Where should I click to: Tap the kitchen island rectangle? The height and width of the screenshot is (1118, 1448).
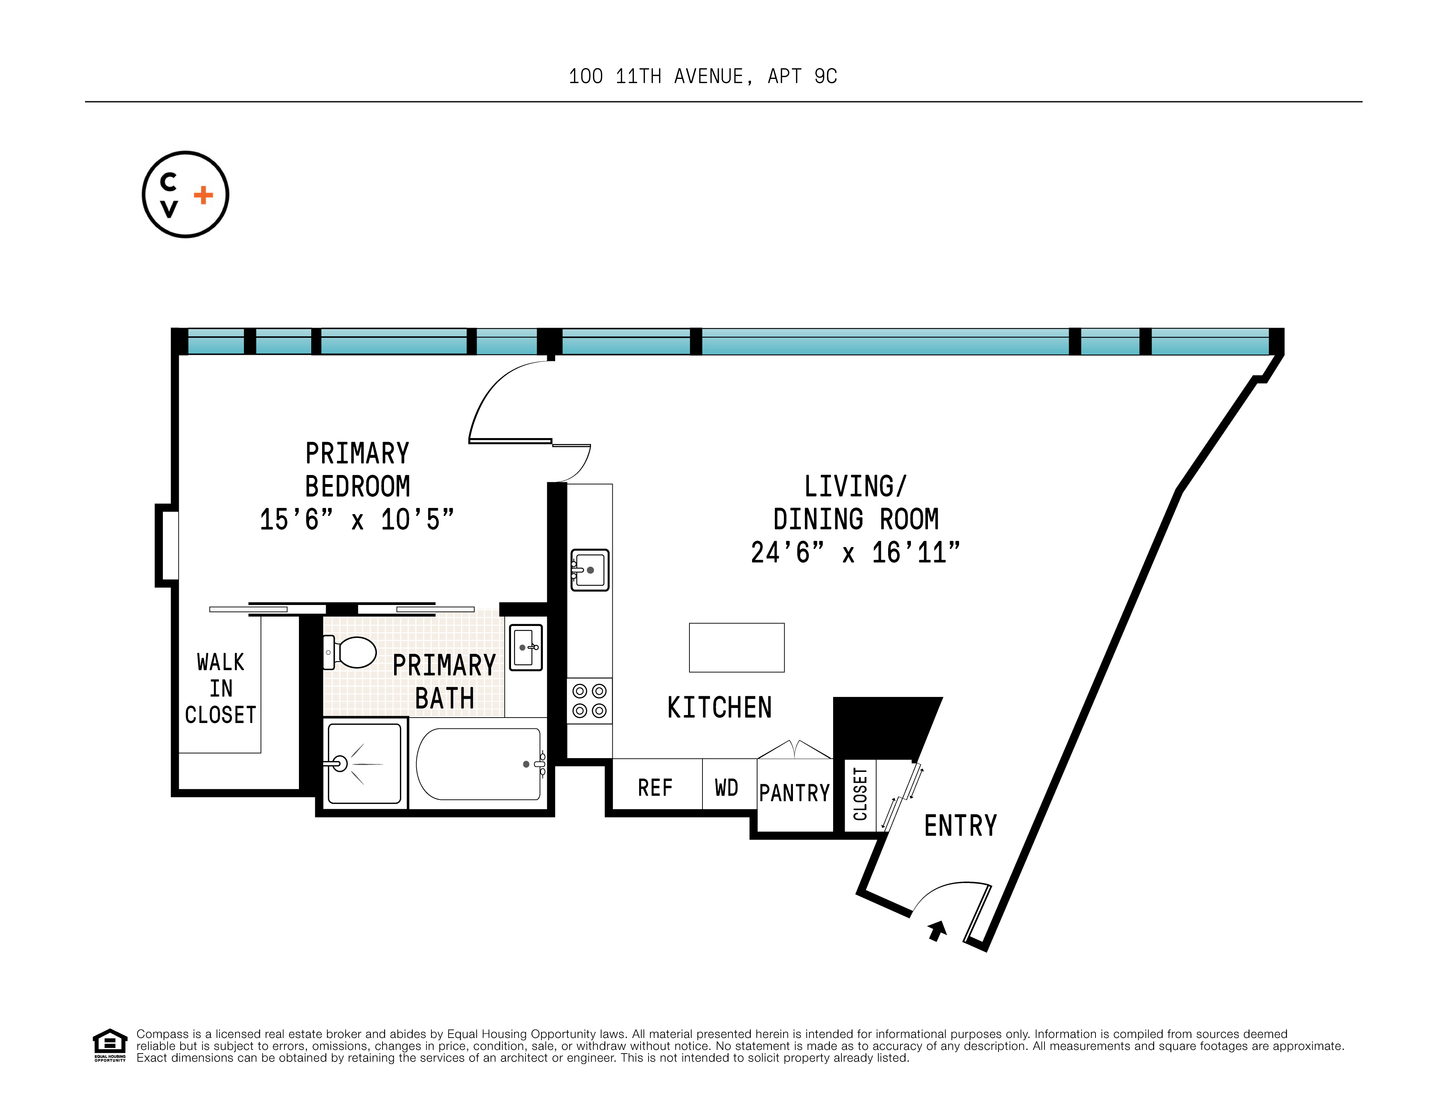click(736, 648)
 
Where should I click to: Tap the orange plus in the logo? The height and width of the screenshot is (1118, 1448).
click(203, 195)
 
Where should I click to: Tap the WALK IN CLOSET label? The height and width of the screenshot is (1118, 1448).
click(221, 688)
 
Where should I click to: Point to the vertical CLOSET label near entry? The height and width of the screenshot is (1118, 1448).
click(860, 794)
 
